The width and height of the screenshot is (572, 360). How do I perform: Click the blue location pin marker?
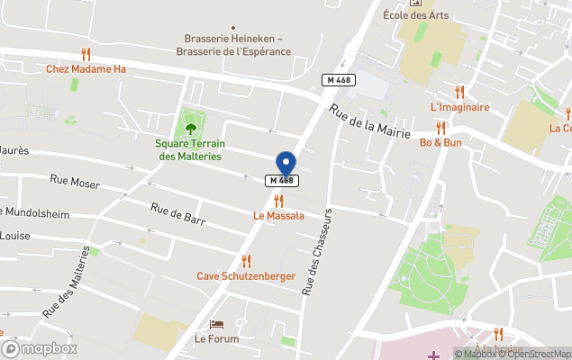click(286, 164)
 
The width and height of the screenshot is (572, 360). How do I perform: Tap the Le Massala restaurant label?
click(278, 216)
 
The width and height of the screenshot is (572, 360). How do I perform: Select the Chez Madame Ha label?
click(86, 69)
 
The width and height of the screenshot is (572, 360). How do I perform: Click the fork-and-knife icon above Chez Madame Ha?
click(86, 54)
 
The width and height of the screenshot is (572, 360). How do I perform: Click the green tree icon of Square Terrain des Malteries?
click(189, 127)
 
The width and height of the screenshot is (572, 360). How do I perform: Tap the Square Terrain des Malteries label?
click(189, 149)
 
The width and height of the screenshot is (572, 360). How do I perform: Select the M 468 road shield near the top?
click(339, 80)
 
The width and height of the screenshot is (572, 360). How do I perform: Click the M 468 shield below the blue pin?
click(282, 181)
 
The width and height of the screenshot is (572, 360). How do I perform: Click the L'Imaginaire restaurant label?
click(459, 107)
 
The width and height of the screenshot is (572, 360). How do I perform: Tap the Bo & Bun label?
click(440, 142)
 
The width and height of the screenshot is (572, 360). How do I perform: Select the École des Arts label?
click(415, 14)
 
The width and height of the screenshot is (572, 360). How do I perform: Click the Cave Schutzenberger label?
click(246, 275)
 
